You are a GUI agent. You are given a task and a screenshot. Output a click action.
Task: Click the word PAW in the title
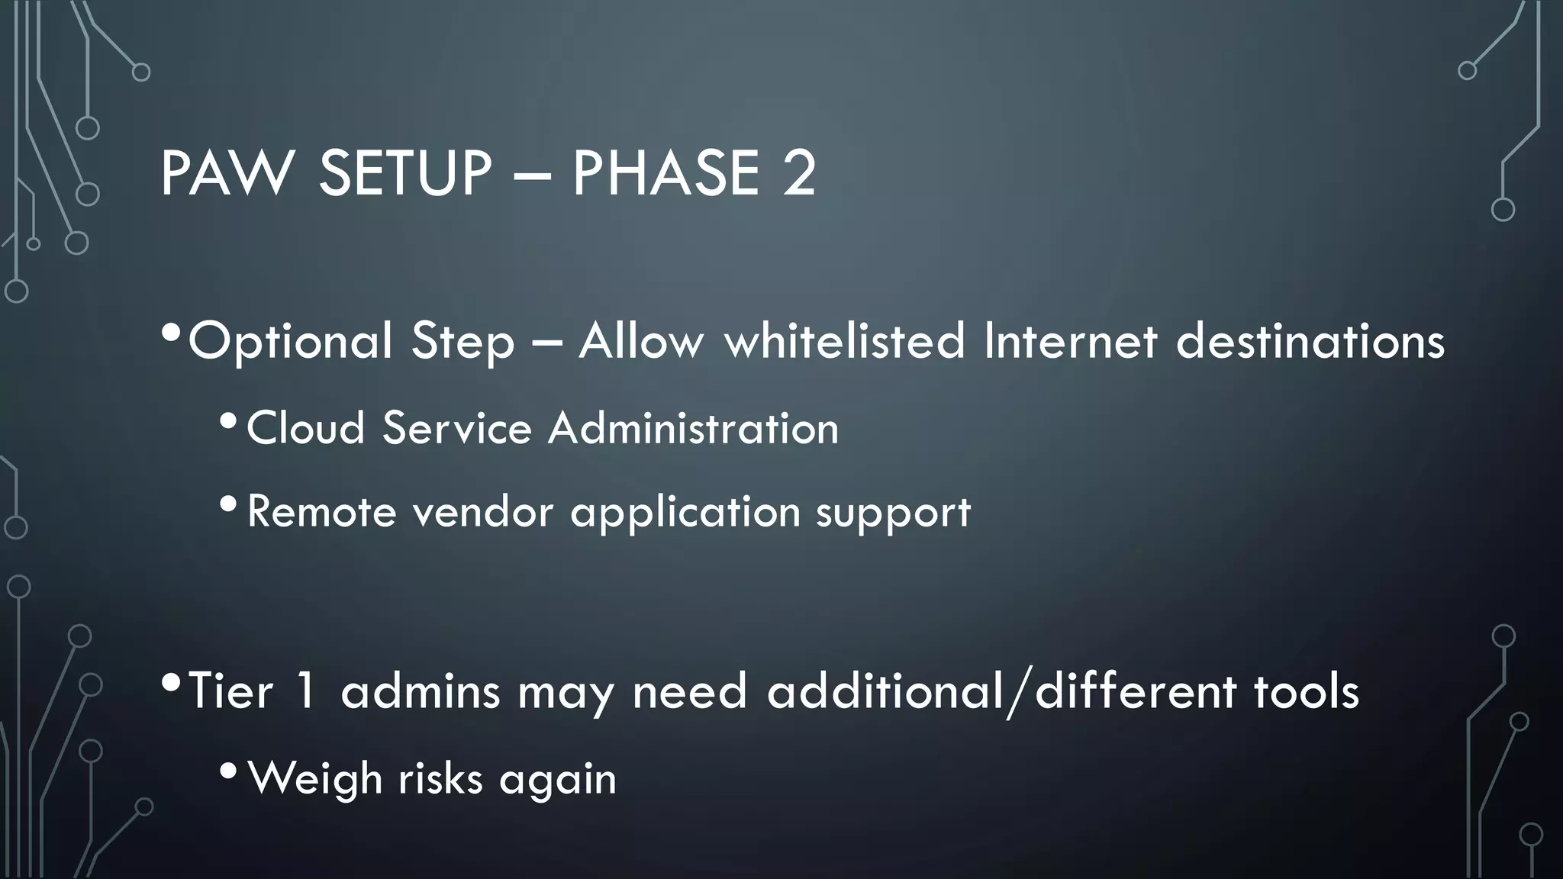point(226,174)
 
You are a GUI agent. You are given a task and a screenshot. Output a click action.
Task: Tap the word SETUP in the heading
point(404,174)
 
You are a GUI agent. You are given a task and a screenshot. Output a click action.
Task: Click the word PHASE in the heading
point(665,174)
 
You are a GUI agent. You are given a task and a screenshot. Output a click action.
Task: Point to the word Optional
point(290,342)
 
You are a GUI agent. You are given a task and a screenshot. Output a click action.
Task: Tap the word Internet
point(1071,340)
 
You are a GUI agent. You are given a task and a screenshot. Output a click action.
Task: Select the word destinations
point(1310,340)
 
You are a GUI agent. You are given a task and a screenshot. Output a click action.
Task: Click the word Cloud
point(305,427)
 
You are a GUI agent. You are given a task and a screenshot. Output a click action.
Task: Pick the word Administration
point(693,427)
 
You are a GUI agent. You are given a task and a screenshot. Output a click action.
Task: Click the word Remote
point(321,511)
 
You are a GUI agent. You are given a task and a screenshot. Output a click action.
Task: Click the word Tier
point(230,691)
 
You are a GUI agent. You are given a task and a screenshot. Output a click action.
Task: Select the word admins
point(420,691)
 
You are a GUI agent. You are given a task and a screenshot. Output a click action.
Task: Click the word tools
point(1306,691)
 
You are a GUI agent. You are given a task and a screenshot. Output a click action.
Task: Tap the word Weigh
point(314,779)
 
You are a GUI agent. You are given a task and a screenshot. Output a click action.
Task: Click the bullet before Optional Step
point(172,333)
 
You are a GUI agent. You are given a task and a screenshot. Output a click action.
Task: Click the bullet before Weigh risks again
point(228,771)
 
